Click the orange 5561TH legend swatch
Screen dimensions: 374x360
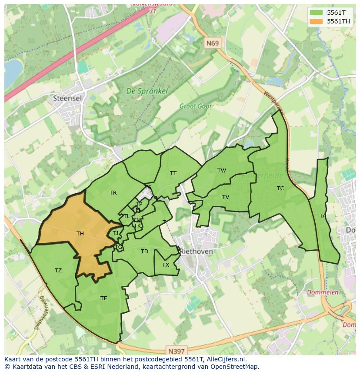point(317,21)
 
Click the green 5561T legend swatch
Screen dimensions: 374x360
point(317,13)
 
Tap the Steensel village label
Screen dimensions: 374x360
point(67,98)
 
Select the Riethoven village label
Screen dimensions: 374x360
point(197,252)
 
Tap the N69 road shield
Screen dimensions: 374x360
point(213,43)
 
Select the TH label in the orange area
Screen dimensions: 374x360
point(80,234)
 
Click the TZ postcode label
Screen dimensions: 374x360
point(58,271)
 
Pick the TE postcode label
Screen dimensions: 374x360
point(103,298)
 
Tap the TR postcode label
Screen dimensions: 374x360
point(113,193)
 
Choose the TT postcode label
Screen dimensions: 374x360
point(173,173)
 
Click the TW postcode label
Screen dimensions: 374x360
point(222,171)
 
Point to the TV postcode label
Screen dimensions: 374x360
point(225,197)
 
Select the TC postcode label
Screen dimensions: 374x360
point(280,189)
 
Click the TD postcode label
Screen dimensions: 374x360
point(144,252)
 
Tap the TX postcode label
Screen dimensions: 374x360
point(166,265)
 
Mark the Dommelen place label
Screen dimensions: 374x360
point(323,292)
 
